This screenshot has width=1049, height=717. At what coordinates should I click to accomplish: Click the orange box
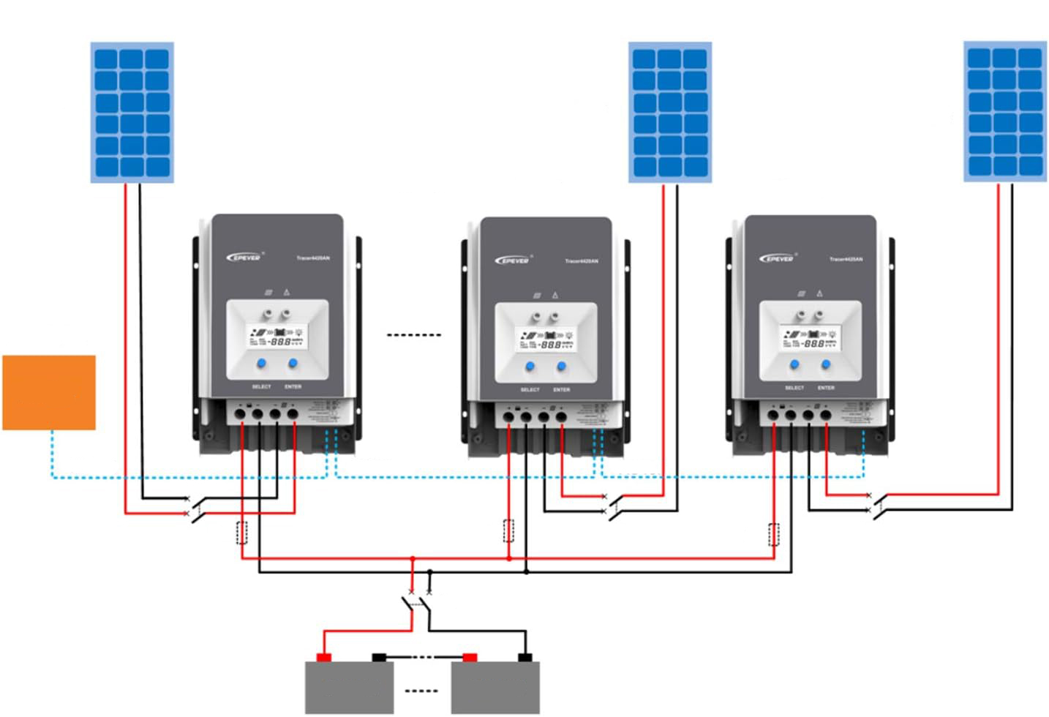coord(49,392)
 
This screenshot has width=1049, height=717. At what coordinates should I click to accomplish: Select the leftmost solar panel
coord(132,112)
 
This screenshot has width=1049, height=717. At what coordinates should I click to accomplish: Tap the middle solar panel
coord(670,112)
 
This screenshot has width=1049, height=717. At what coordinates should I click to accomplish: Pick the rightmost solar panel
coord(1005,111)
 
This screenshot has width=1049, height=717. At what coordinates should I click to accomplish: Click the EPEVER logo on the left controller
coord(244,257)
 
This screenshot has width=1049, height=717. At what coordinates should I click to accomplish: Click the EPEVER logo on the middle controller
coord(512,260)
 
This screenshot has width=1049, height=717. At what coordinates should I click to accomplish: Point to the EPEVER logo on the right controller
coord(776,258)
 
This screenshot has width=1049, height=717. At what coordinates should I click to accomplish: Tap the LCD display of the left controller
coord(277,339)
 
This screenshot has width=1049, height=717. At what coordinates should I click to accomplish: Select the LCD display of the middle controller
coord(546,342)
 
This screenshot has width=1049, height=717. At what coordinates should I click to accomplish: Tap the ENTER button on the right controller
coord(826,364)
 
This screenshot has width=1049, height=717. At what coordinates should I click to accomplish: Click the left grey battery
coord(349,687)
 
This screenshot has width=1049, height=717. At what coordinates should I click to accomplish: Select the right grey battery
coord(495,687)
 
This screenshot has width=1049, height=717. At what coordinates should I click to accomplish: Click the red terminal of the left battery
coord(324,657)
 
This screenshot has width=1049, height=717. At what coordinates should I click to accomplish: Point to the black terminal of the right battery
coord(524,657)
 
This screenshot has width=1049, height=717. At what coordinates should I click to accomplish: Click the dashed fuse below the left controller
coord(242,533)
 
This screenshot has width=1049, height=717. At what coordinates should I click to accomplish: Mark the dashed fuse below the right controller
coord(774,535)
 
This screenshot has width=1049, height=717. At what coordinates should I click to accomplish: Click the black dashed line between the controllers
coord(413,335)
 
